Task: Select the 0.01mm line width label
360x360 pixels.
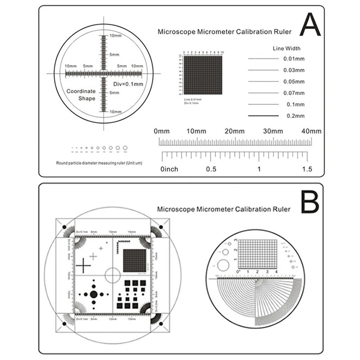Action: pos(294,58)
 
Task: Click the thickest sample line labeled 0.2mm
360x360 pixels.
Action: pos(263,116)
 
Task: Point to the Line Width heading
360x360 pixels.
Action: pos(287,48)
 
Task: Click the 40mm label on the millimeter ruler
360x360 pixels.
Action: pos(312,131)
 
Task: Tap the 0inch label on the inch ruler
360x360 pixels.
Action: pos(169,169)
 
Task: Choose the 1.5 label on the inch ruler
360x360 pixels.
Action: pos(307,169)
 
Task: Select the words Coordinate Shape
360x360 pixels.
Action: pos(81,95)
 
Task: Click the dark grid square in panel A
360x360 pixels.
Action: pos(203,75)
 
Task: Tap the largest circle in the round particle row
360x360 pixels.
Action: pos(125,147)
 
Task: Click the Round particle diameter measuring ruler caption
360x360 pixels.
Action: pos(99,163)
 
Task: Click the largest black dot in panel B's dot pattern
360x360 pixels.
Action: pos(94,294)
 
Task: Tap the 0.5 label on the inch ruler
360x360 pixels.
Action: pos(211,169)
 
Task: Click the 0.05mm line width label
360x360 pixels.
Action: pos(294,81)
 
